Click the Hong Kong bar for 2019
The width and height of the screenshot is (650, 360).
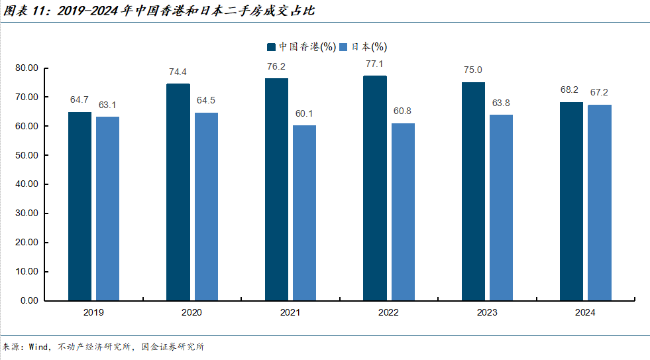(x=80, y=206)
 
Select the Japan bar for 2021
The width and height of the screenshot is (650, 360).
(x=304, y=213)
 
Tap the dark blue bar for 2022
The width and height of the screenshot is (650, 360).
(x=375, y=188)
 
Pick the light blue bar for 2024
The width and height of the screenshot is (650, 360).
(x=600, y=202)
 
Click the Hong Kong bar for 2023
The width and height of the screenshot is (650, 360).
(x=473, y=191)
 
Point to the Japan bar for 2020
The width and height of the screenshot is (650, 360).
(x=206, y=206)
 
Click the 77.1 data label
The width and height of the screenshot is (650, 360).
(x=375, y=64)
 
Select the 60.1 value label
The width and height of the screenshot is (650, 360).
(x=305, y=114)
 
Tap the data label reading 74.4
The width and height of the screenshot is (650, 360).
(x=178, y=72)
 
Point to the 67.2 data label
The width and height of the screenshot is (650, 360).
(x=600, y=93)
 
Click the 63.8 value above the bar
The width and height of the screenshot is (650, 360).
(x=501, y=103)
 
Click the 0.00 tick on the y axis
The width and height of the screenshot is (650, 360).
(x=29, y=300)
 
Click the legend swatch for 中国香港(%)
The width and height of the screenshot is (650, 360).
(x=272, y=47)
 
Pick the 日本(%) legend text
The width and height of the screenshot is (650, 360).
(x=368, y=47)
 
